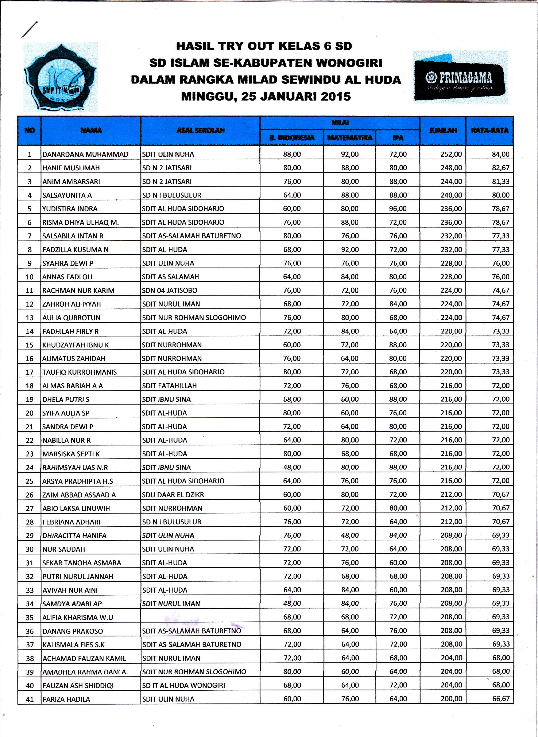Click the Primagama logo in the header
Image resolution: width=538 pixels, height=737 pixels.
coord(460,77)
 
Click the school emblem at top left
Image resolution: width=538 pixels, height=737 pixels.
coord(61,77)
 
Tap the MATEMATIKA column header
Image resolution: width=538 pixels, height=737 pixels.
coord(349,138)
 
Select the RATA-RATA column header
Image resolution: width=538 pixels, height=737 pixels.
coord(489,130)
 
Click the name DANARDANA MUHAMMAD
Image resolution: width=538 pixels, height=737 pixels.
coord(85,154)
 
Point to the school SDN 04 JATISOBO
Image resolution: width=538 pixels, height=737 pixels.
coord(169,290)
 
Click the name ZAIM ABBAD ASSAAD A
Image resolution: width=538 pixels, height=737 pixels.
coord(79,495)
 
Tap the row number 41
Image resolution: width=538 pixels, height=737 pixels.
coord(30,699)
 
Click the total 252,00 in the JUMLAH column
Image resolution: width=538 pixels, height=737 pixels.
coord(451,154)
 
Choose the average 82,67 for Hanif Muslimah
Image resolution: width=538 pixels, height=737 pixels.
coord(500,168)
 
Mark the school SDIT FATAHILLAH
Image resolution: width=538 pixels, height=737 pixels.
coord(169,386)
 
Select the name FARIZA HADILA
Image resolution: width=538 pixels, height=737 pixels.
coord(66,699)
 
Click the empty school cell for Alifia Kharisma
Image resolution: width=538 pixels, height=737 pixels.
coord(200,617)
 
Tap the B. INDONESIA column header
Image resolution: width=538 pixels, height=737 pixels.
coord(292,138)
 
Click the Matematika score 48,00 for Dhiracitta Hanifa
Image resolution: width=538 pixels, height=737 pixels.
coord(350,535)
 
